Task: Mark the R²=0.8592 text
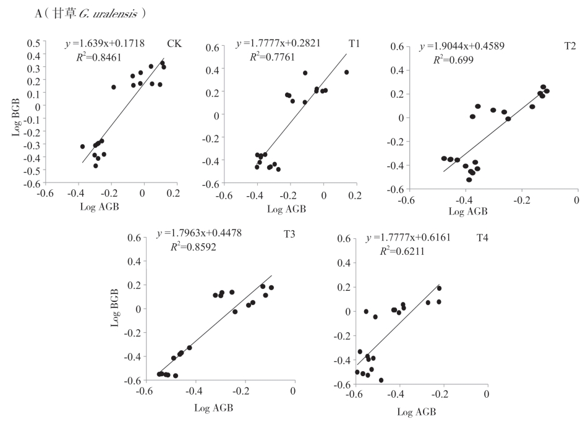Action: (x=194, y=247)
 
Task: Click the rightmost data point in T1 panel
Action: (x=347, y=72)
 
